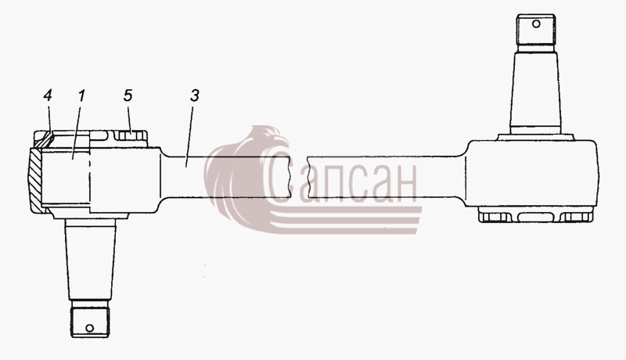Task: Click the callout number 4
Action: pos(48,95)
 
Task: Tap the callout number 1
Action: pos(81,95)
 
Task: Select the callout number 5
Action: pos(128,95)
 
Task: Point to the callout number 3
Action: pos(194,95)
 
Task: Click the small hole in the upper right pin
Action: pos(536,24)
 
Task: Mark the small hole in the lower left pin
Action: pos(90,328)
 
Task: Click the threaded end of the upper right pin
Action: pos(536,30)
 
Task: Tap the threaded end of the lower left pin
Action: pos(90,322)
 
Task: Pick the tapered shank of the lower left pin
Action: pos(90,262)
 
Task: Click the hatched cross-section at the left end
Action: pos(35,179)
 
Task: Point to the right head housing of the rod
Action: pos(533,174)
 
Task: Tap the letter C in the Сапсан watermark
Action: pos(280,178)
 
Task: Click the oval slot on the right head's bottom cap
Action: pos(535,217)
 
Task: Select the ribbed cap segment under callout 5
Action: pos(131,135)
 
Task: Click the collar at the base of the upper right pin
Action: pos(536,136)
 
